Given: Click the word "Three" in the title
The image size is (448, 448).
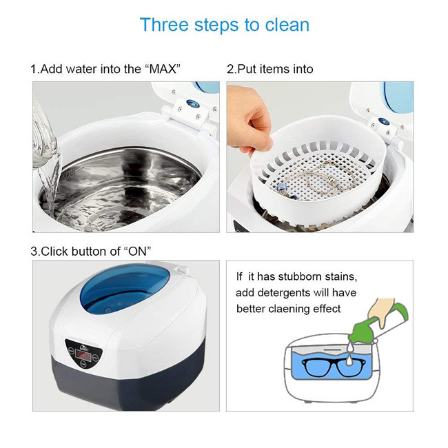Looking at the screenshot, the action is coord(164,25).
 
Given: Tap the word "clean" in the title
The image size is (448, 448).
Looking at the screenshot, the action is coord(287,25).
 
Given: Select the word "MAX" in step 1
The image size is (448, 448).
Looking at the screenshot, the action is coord(163,69).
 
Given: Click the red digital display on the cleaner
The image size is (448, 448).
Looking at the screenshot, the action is coord(83,356).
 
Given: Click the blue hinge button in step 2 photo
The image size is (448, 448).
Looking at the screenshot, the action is coord(383,121).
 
